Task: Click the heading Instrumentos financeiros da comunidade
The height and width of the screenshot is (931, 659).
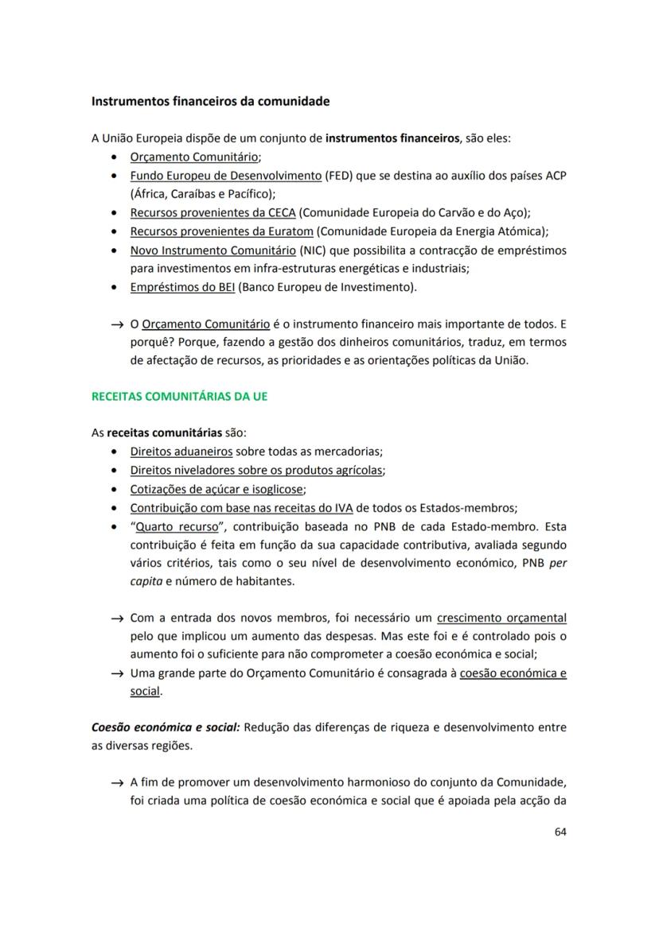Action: [x=210, y=102]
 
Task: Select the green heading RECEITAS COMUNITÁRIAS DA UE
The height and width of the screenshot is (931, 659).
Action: [x=179, y=396]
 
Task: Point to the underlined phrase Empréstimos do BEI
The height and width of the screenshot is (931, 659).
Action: [x=182, y=286]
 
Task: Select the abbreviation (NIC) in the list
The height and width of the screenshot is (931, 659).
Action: [x=312, y=250]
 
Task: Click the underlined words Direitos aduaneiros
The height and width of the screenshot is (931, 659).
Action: [x=181, y=452]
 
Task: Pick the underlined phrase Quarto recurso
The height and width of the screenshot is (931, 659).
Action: [x=176, y=526]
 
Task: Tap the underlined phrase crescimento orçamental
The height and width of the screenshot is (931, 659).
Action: [x=501, y=618]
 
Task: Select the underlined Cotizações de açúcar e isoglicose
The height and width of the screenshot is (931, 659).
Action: [x=217, y=489]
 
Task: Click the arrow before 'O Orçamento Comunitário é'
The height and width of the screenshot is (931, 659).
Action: [x=118, y=325]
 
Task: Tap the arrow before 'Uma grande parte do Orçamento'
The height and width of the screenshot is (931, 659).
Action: [x=118, y=674]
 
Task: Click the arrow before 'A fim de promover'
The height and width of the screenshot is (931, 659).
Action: [x=118, y=783]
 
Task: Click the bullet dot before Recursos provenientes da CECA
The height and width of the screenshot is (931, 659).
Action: [x=116, y=213]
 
